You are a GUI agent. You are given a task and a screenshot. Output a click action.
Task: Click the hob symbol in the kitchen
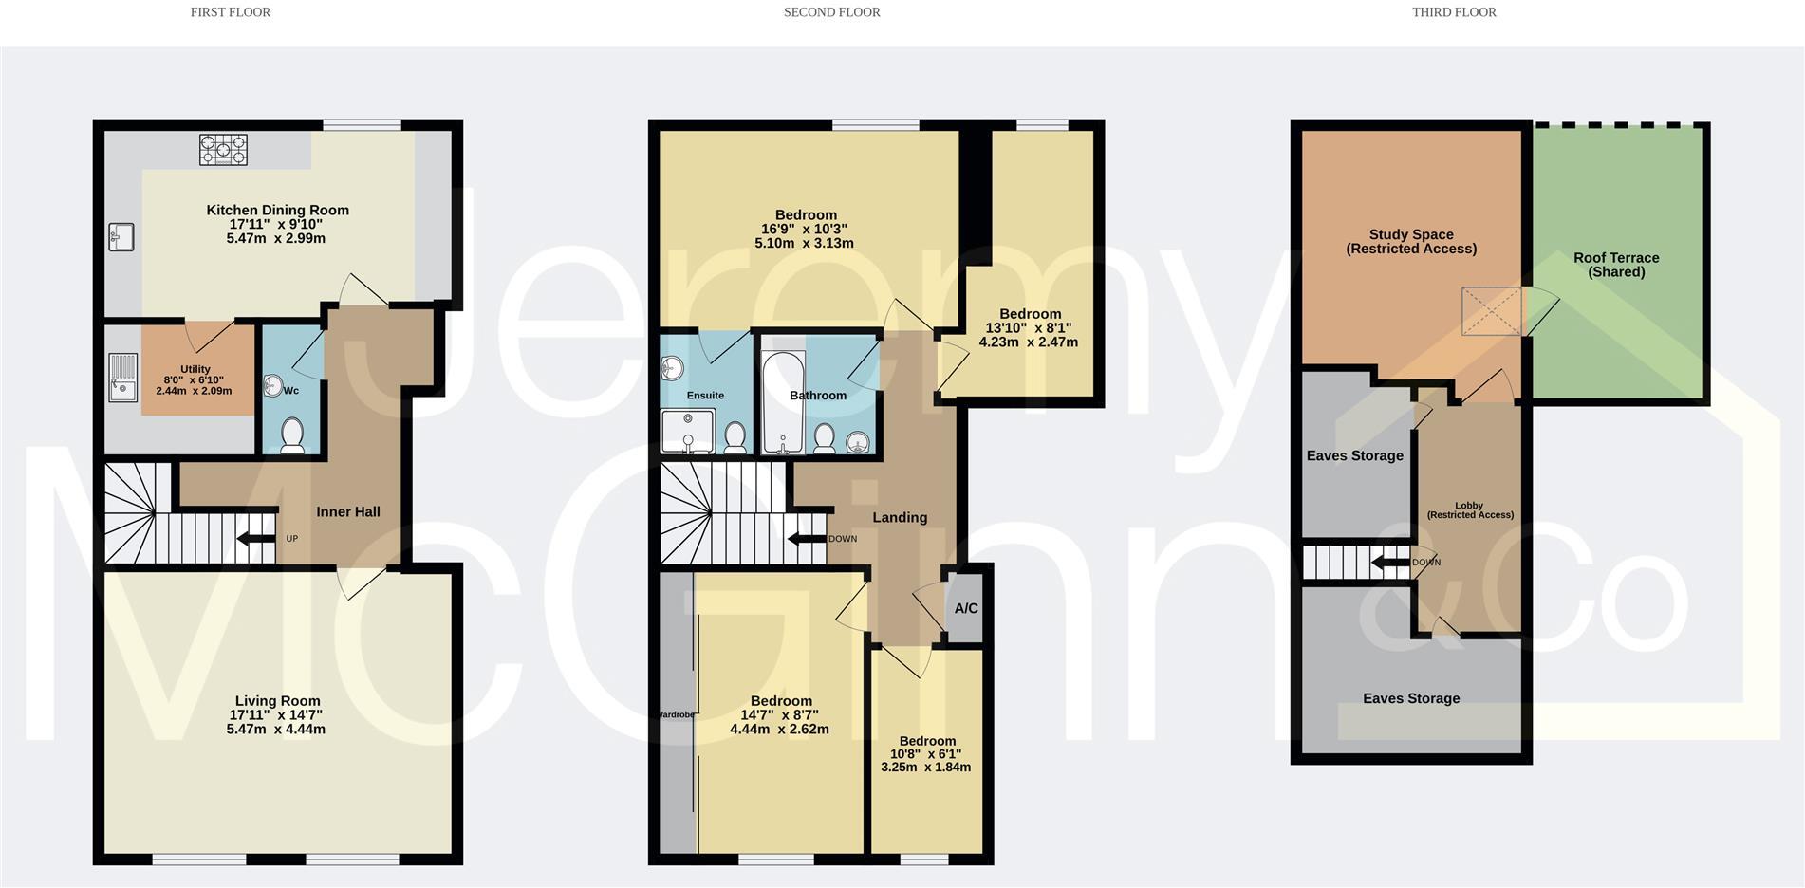tap(223, 150)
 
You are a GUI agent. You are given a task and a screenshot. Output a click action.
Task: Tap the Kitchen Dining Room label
tap(277, 211)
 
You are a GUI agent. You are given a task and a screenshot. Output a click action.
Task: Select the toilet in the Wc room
tap(292, 435)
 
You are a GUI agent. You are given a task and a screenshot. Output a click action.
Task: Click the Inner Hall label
tap(348, 512)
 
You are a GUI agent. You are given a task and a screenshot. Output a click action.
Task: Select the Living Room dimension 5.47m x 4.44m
tap(275, 730)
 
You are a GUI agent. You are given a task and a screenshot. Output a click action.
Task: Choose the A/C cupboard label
tap(966, 609)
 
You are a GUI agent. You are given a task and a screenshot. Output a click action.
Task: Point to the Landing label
tap(900, 518)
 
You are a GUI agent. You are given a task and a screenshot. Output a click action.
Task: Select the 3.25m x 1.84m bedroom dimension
tap(925, 768)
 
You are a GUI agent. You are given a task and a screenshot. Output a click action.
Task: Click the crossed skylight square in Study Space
tap(1491, 311)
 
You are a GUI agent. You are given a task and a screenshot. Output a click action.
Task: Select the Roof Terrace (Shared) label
tap(1616, 265)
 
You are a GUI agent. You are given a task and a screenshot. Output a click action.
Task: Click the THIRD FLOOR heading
tap(1454, 12)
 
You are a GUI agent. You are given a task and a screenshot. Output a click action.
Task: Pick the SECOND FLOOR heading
tap(831, 12)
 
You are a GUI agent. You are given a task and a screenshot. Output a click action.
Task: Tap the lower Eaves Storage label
tap(1411, 699)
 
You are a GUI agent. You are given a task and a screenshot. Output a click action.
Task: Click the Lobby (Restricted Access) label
tap(1470, 510)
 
